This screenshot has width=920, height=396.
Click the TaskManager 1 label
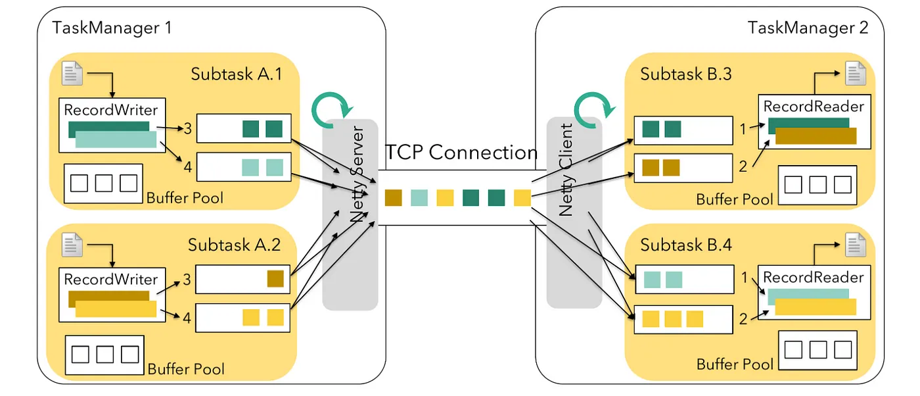tap(112, 28)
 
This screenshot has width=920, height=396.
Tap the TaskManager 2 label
tap(808, 28)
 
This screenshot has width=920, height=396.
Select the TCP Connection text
tap(461, 153)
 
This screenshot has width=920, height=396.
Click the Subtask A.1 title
tap(236, 74)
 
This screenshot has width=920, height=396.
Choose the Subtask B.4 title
tap(686, 245)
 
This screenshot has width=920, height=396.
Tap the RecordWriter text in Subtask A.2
tap(110, 279)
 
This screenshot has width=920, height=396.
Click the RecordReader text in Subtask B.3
tap(813, 106)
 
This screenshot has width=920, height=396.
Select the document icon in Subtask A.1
tap(72, 72)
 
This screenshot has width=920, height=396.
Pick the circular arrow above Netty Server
tap(333, 105)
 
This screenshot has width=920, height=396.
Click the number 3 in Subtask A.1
tap(187, 129)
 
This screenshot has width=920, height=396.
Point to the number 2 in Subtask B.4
tap(743, 320)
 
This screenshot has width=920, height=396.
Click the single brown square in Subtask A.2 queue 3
tap(275, 279)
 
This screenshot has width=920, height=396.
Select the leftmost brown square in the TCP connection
tap(393, 197)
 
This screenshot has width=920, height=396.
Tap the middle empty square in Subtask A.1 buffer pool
tap(103, 183)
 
